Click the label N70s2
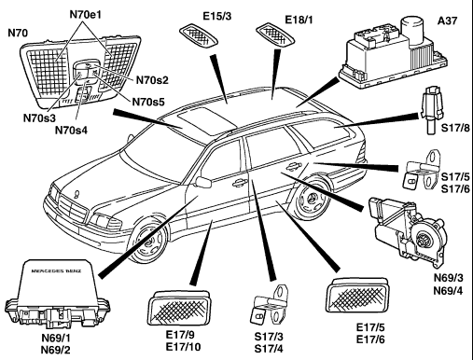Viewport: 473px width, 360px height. click(152, 80)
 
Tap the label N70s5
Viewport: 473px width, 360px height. click(148, 102)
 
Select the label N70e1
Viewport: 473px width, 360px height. click(86, 15)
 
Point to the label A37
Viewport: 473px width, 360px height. click(448, 21)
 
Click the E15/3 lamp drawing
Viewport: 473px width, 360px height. click(199, 35)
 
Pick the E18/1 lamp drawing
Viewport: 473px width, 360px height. click(275, 35)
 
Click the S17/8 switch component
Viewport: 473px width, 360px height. click(431, 110)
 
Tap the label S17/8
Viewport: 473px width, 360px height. click(455, 128)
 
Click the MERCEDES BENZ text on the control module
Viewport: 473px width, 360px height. click(56, 271)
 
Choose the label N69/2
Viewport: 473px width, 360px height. click(55, 350)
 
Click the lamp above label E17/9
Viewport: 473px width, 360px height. click(179, 309)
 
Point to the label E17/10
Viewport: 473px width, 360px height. click(183, 347)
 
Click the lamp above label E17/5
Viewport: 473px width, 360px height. click(357, 296)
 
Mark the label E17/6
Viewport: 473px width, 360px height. click(370, 339)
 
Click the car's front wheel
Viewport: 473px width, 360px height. click(149, 242)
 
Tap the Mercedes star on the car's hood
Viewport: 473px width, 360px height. click(76, 194)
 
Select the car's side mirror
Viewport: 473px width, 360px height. click(203, 182)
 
